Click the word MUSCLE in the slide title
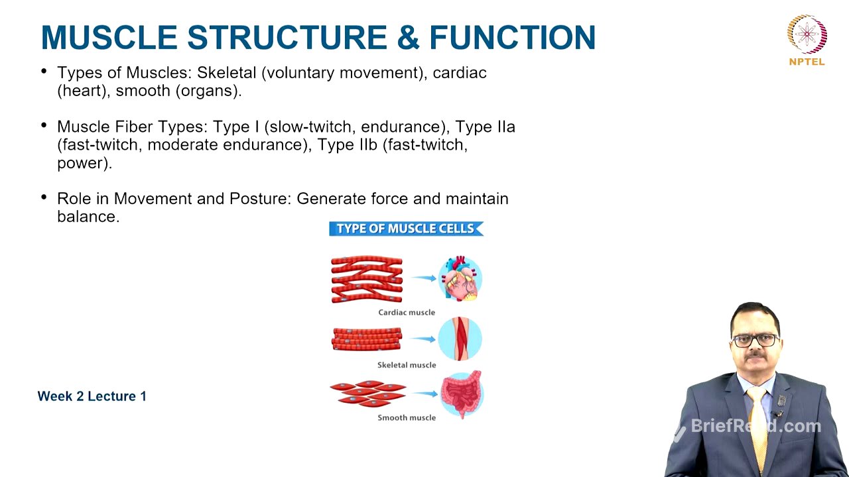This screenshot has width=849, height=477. click(109, 37)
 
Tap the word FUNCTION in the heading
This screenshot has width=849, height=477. click(512, 37)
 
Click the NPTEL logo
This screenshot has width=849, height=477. click(807, 40)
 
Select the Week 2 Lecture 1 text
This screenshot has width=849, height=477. click(92, 396)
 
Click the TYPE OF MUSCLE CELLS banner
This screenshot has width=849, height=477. click(406, 229)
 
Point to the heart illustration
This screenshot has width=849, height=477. click(460, 279)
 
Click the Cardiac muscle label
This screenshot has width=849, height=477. click(407, 312)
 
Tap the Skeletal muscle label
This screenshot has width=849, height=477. click(407, 365)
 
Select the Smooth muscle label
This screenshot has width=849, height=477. click(407, 417)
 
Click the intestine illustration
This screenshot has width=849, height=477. click(461, 394)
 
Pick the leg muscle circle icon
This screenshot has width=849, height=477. click(460, 339)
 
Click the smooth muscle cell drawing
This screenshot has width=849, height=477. click(368, 394)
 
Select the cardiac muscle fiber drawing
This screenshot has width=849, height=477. click(367, 279)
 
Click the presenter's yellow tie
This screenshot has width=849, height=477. click(758, 424)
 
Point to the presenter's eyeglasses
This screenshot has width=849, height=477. click(755, 340)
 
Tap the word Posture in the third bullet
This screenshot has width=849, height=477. click(259, 199)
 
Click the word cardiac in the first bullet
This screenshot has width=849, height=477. click(460, 73)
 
